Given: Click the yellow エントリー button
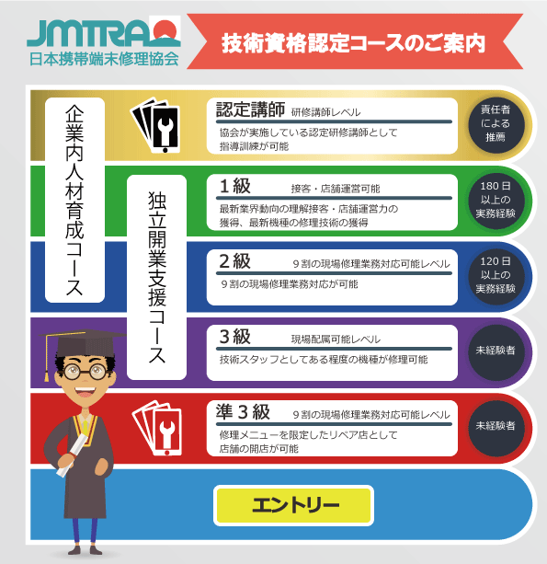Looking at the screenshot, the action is [293, 505].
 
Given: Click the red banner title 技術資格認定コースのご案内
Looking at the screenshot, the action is [353, 43].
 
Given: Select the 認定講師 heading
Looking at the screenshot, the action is [250, 109].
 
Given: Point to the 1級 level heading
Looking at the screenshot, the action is [235, 186].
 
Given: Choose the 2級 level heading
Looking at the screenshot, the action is [235, 261].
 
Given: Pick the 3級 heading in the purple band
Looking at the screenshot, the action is [235, 337].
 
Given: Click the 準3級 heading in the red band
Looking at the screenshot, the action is [243, 412].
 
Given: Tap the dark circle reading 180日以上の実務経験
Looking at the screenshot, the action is [496, 200].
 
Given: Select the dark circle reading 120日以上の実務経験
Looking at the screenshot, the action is [496, 275].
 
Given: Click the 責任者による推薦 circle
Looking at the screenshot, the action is [496, 124].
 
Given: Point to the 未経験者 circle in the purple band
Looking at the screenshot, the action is [496, 351].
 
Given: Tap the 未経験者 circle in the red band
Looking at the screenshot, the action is [496, 427].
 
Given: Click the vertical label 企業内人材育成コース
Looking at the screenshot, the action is [74, 200].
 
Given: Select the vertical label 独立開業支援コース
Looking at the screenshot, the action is [156, 277].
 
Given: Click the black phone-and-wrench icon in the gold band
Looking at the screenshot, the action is [155, 125].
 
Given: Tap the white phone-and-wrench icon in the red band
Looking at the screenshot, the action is [157, 428].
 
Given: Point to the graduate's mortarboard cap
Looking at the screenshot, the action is [84, 343].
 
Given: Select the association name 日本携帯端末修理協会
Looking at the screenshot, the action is [104, 59].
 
